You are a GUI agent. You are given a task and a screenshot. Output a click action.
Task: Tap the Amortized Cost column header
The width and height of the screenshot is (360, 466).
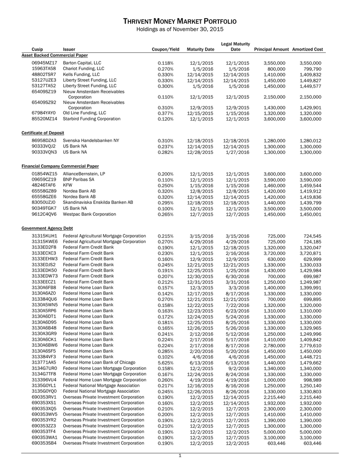coord(308,49)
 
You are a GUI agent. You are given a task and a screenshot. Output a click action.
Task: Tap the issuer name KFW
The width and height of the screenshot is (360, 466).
coord(67,186)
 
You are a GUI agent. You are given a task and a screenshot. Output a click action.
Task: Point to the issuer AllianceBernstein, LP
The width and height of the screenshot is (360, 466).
coord(84,174)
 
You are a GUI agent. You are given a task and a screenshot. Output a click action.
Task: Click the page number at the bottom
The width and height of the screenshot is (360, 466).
coord(180,456)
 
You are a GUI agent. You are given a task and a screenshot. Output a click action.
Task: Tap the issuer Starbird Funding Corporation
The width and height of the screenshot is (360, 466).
coord(91,119)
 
